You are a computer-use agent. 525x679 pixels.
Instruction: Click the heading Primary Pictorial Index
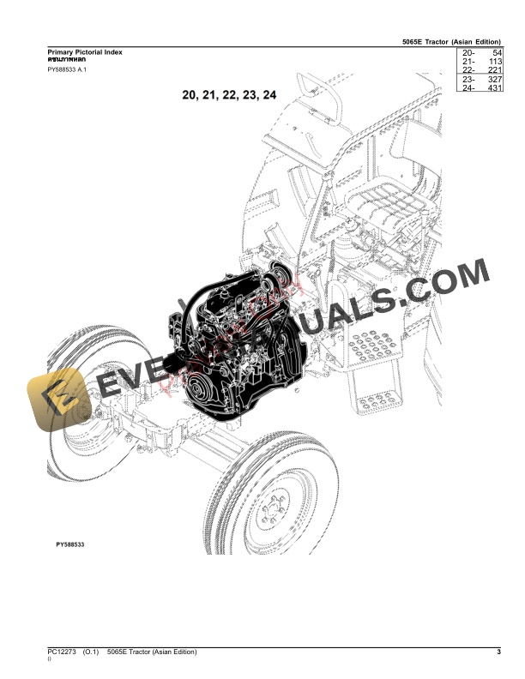84,52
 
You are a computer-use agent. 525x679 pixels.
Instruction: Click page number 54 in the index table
494,53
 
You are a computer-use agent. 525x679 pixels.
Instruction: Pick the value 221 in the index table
492,70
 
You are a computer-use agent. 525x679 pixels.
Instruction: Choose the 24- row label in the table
468,87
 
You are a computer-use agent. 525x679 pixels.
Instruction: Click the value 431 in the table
492,87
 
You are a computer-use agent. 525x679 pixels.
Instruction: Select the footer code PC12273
62,652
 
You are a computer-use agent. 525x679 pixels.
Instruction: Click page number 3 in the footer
498,652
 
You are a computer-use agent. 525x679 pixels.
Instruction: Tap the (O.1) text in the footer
93,652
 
